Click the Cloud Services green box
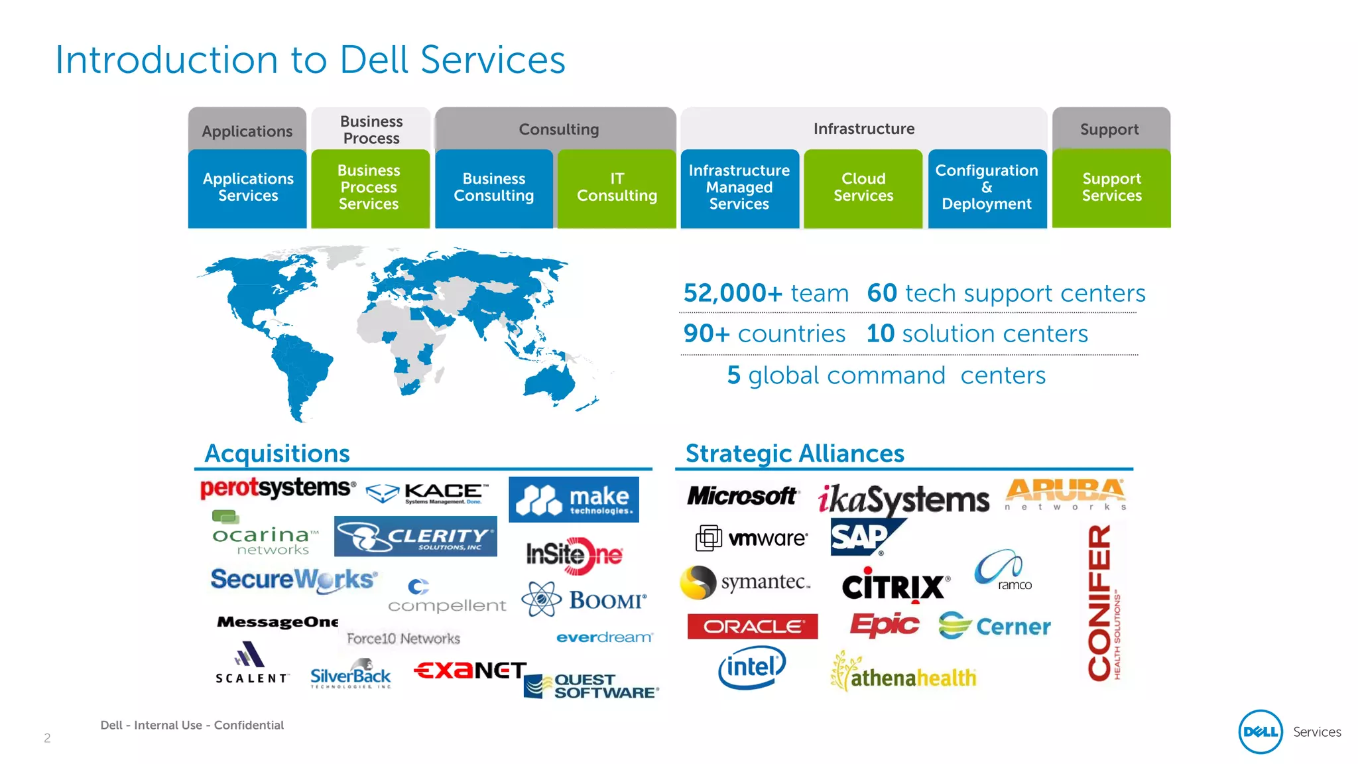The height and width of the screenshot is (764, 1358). tap(863, 188)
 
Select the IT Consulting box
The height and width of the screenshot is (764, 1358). tap(617, 188)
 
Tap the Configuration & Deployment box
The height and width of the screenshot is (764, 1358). tap(987, 188)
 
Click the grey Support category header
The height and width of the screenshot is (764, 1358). tap(1110, 129)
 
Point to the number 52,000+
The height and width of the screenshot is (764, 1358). tap(733, 293)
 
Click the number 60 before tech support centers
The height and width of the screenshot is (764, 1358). tap(882, 293)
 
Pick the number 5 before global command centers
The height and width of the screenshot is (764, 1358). tap(733, 375)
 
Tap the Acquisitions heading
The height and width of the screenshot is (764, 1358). tap(277, 454)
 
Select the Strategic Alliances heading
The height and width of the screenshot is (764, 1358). tap(795, 454)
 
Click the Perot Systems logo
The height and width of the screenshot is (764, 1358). tap(278, 489)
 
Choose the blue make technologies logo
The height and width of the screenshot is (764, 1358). tap(574, 499)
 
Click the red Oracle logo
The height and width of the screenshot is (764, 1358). tap(753, 626)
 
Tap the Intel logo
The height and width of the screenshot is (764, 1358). tap(752, 667)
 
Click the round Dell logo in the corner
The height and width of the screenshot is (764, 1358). tap(1260, 732)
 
